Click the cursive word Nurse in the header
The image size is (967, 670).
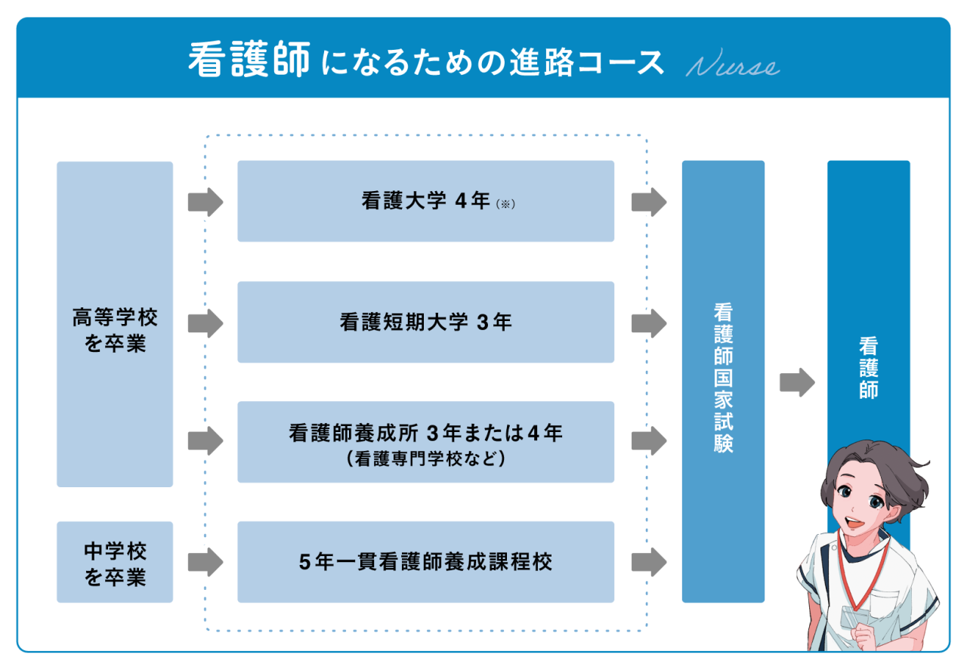(732, 66)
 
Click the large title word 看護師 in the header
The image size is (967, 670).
(249, 60)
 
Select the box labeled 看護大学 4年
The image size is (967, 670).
(425, 201)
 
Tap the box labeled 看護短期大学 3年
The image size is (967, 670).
(425, 322)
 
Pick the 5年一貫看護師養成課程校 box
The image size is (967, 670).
(425, 562)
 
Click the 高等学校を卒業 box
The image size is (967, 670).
(115, 324)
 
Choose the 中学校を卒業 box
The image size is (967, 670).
(115, 562)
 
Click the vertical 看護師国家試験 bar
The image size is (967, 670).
(723, 381)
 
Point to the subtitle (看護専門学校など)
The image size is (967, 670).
(425, 458)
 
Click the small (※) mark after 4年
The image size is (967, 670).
(505, 204)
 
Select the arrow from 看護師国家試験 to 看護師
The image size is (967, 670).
(797, 382)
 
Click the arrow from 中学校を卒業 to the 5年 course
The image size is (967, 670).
(205, 562)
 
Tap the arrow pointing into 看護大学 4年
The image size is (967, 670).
(205, 202)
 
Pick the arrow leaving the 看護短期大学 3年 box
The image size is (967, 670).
(648, 323)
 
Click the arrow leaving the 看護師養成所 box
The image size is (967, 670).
(648, 441)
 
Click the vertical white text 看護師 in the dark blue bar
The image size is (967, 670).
(868, 368)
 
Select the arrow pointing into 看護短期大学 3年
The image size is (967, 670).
(205, 323)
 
